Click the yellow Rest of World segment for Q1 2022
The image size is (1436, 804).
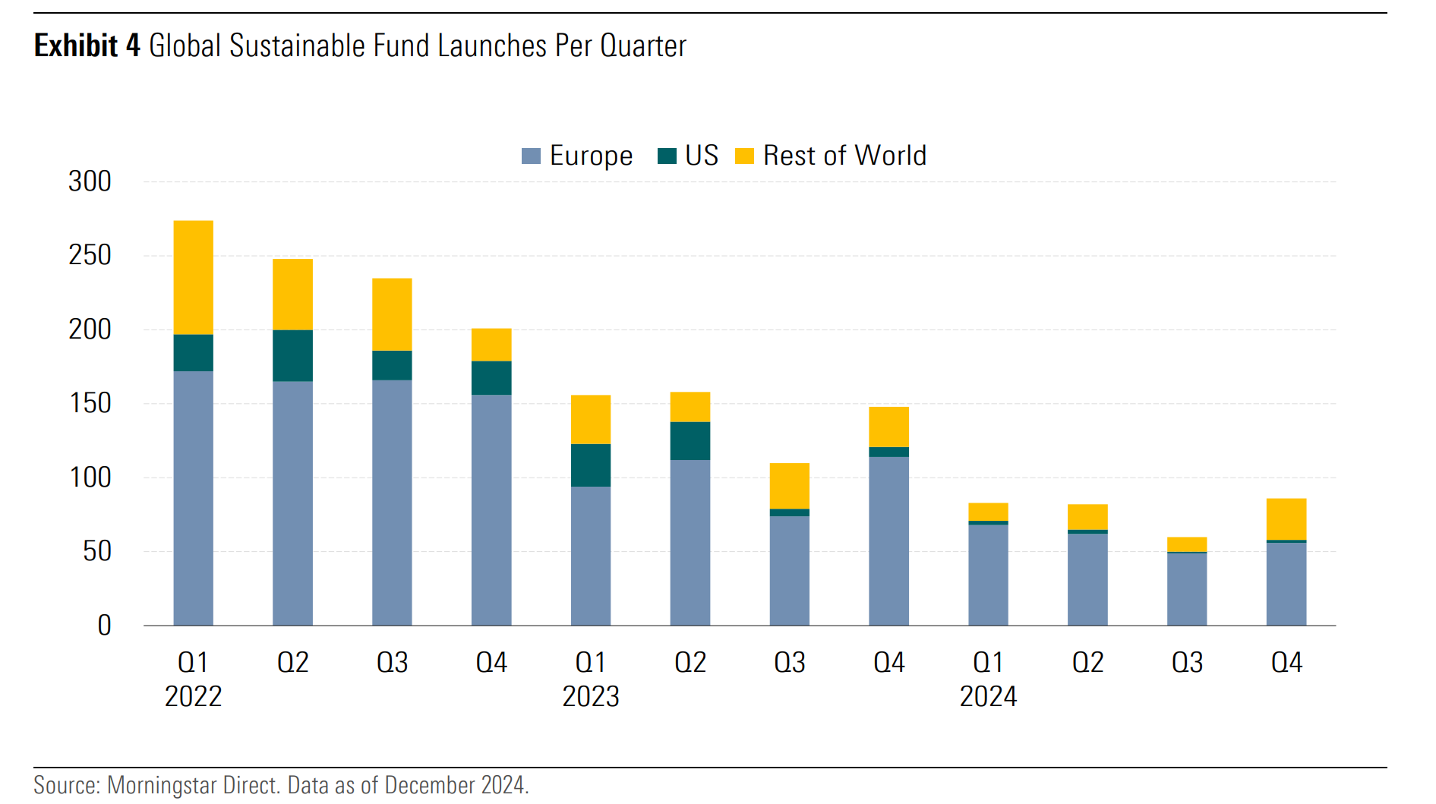coord(193,277)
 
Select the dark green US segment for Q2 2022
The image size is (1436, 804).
coord(292,355)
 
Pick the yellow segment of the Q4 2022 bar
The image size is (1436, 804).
coord(491,345)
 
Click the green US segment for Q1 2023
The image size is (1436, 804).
coord(591,465)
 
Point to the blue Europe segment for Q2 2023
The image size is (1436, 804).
coord(690,542)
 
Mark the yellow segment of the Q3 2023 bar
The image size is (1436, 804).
coord(789,486)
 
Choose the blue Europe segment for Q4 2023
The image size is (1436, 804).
coord(888,541)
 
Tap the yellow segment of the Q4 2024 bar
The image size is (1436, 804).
coord(1286,519)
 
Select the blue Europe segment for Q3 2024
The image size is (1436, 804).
coord(1186,589)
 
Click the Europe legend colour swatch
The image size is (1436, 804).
coord(531,156)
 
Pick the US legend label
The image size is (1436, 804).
coord(701,156)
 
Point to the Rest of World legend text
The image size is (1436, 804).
coord(844,156)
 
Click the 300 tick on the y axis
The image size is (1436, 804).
coord(90,181)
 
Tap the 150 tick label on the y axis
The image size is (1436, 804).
coord(90,403)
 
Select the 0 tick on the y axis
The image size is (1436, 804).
coord(104,626)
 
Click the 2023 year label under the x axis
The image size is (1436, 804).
coord(591,696)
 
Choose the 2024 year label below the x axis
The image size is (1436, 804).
coord(988,696)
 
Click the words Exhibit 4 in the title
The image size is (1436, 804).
coord(87,46)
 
